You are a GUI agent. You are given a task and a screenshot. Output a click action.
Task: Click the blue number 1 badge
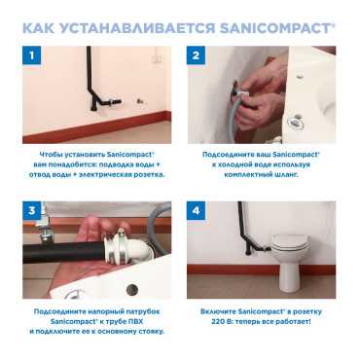[x=31, y=55]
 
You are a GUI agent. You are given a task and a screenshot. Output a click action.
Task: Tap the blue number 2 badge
[x=196, y=55]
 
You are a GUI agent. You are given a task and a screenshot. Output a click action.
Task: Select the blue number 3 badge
[x=31, y=210]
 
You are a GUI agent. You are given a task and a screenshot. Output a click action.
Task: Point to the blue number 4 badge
[x=196, y=210]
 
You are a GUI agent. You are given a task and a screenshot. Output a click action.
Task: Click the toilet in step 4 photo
[x=290, y=261]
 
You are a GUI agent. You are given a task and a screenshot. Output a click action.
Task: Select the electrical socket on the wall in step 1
[x=158, y=55]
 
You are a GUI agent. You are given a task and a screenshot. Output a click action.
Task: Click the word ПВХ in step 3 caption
[x=135, y=322]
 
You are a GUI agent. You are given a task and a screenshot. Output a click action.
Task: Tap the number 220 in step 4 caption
[x=217, y=322]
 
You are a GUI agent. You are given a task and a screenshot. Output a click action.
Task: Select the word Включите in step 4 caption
[x=218, y=311]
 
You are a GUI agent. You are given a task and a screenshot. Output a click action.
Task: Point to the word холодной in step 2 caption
[x=235, y=164]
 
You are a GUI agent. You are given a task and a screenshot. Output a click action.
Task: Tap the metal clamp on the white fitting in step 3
[x=121, y=245]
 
